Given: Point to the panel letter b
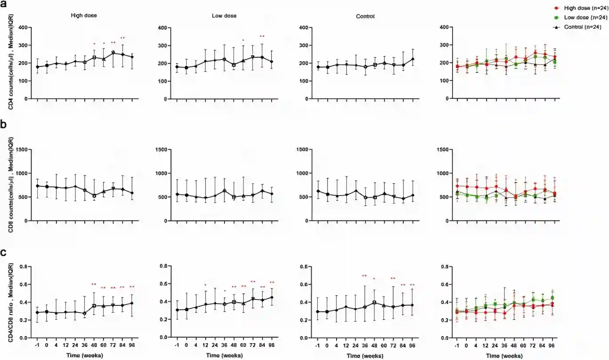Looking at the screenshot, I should point(4,125).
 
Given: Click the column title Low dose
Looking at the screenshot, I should point(224,16).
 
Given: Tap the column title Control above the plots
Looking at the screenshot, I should point(365,16).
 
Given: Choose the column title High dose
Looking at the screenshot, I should point(84,16).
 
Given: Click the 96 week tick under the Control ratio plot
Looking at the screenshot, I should point(413,346).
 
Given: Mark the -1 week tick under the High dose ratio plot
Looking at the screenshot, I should point(37,346).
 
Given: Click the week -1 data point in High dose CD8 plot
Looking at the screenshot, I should point(37,186).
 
